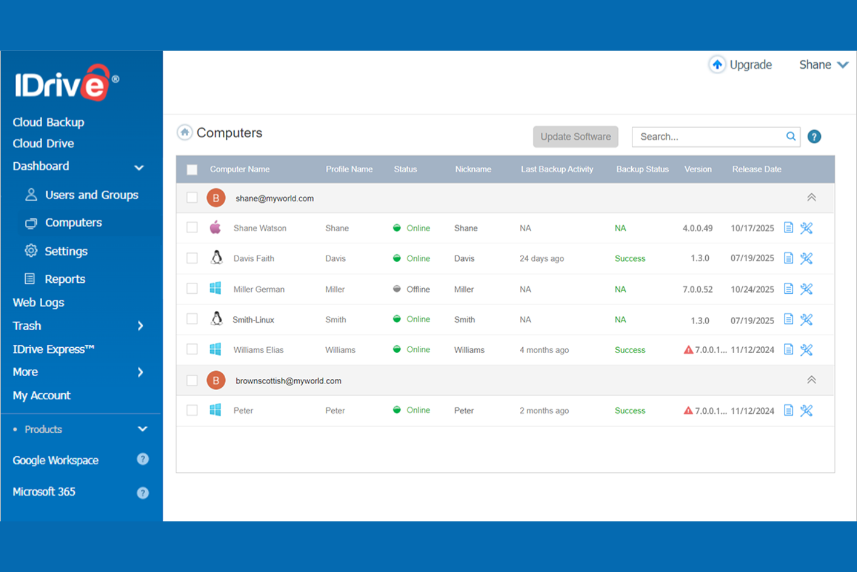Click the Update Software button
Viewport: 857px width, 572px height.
coord(575,137)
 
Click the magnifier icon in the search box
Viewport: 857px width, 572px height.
coord(790,137)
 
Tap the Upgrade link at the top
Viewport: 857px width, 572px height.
coord(741,65)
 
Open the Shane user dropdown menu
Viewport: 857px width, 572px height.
coord(823,65)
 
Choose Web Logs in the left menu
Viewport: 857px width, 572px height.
coord(38,303)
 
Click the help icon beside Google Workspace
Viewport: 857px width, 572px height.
coord(142,460)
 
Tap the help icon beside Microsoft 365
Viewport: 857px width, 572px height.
coord(142,493)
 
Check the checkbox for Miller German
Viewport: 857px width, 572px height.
coord(192,289)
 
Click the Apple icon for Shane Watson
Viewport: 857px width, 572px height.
coord(215,228)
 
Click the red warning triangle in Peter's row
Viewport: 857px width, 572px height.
coord(688,410)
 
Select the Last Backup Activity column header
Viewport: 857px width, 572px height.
coord(556,169)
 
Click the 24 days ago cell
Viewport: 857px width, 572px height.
coord(541,258)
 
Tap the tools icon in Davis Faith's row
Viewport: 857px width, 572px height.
coord(806,258)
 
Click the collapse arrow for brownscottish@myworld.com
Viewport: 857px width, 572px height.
coord(811,380)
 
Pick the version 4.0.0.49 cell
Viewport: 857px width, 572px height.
coord(697,228)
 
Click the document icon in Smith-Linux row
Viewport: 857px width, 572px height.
coord(788,319)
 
